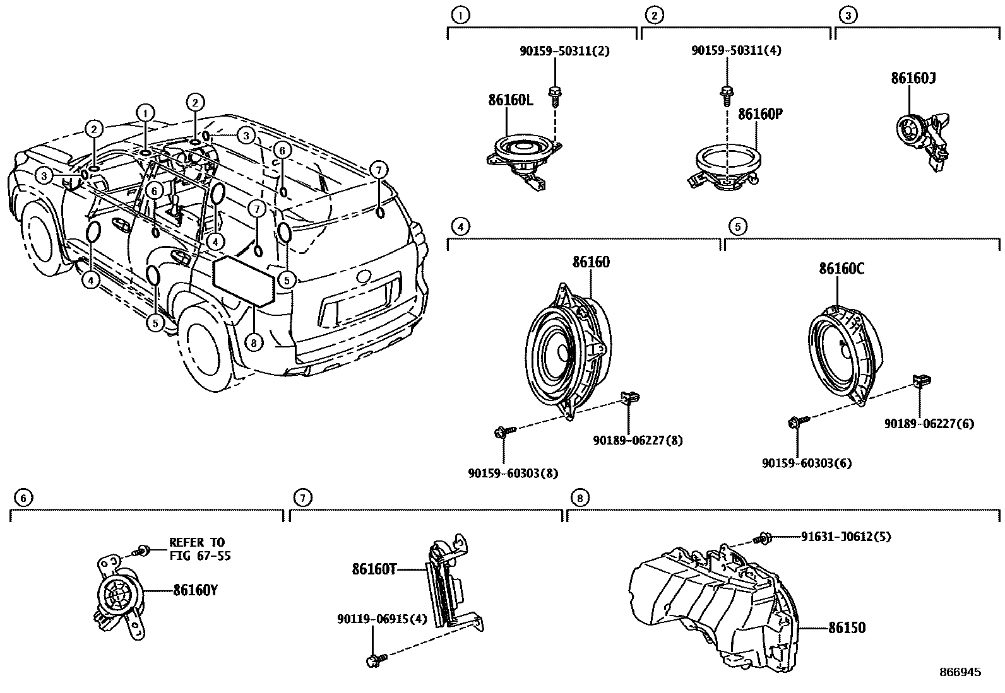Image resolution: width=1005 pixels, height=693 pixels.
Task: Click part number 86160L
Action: pyautogui.click(x=510, y=100)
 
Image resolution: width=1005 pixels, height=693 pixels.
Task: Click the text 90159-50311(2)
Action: pyautogui.click(x=564, y=50)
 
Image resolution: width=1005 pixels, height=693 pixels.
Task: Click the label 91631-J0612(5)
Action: pyautogui.click(x=846, y=537)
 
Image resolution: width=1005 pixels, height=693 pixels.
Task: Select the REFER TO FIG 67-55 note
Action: pyautogui.click(x=196, y=549)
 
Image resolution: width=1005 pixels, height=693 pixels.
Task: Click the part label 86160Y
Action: pyautogui.click(x=196, y=591)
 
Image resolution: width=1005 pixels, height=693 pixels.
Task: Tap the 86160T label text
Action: pyautogui.click(x=374, y=570)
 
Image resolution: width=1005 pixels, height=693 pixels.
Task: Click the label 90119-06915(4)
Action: pyautogui.click(x=381, y=619)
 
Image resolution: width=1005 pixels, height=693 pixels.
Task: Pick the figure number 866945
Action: pyautogui.click(x=960, y=672)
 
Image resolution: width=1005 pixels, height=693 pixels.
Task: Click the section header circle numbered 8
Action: pyautogui.click(x=580, y=498)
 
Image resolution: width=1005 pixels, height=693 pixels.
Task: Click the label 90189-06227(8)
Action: pyautogui.click(x=638, y=440)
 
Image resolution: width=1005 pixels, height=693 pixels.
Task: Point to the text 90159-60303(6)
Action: pyautogui.click(x=806, y=463)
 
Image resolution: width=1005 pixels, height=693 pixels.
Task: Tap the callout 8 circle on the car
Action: pyautogui.click(x=253, y=342)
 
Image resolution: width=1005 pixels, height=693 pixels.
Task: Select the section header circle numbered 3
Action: pyautogui.click(x=847, y=15)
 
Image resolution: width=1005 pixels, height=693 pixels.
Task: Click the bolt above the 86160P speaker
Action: pyautogui.click(x=726, y=95)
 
